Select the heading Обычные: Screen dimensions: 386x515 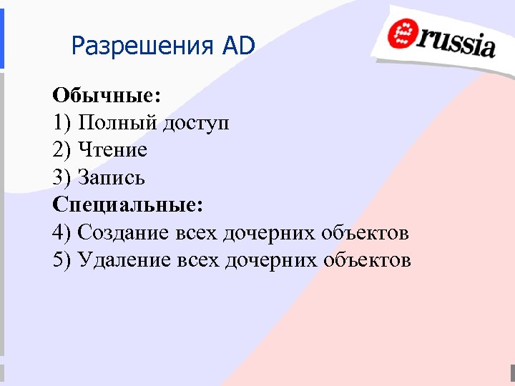(x=107, y=95)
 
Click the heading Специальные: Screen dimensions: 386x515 (x=128, y=204)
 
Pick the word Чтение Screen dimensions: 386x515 (x=113, y=150)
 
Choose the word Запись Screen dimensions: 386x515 (x=112, y=177)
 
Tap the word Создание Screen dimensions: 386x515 (x=124, y=232)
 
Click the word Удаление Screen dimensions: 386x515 (x=125, y=259)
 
